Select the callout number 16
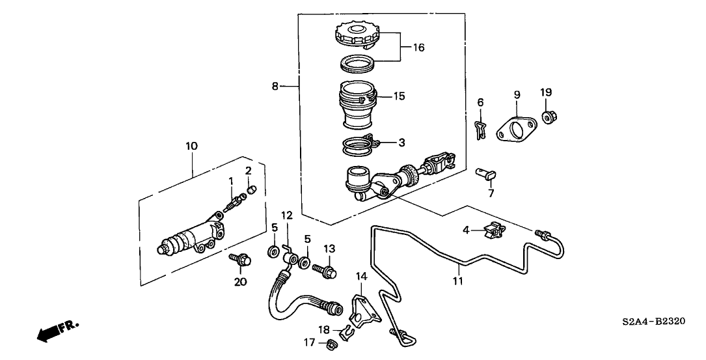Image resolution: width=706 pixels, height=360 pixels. [419, 48]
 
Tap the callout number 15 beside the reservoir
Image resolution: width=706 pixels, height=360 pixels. [398, 96]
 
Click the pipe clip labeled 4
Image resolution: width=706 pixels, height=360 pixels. [495, 230]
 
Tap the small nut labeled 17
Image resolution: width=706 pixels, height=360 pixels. [332, 342]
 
